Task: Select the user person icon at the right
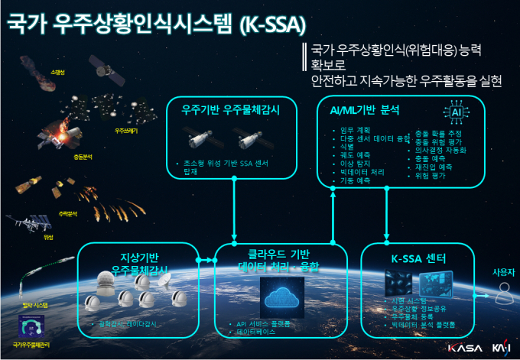(502, 290)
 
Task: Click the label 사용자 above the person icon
(502, 272)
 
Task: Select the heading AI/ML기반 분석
(363, 110)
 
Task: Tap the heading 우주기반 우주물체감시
(230, 110)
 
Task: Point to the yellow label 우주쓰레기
(127, 131)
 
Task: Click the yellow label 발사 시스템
(35, 304)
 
